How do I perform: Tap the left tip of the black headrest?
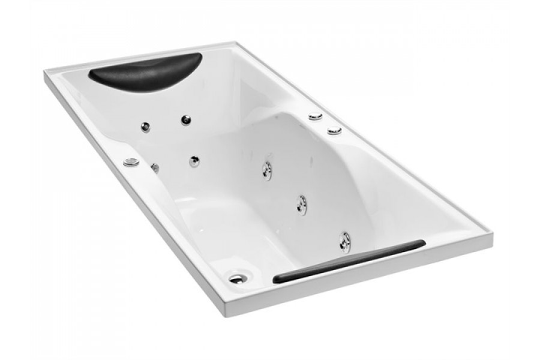click(91, 76)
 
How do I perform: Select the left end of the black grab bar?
click(276, 280)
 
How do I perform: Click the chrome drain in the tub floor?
click(237, 278)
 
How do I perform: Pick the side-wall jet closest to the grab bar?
click(345, 241)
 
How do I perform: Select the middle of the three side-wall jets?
click(302, 204)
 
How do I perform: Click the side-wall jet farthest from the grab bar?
click(267, 170)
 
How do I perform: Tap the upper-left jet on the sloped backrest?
click(145, 127)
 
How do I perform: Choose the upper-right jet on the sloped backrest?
click(186, 120)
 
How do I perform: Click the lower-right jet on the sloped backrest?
click(194, 161)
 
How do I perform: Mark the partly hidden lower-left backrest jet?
click(155, 167)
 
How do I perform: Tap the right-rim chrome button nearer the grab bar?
click(334, 130)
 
